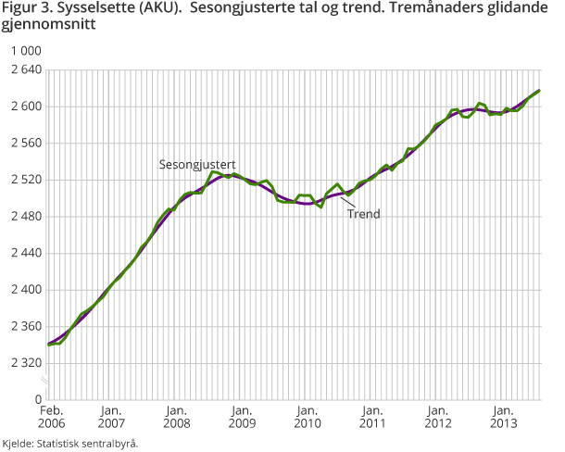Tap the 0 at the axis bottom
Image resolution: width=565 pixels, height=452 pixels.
(39, 399)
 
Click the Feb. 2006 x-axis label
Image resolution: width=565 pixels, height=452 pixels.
(50, 416)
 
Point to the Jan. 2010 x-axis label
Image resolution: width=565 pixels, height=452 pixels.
(307, 416)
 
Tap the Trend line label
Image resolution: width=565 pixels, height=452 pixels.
(363, 213)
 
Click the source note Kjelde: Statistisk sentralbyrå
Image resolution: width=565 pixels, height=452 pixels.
(70, 443)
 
